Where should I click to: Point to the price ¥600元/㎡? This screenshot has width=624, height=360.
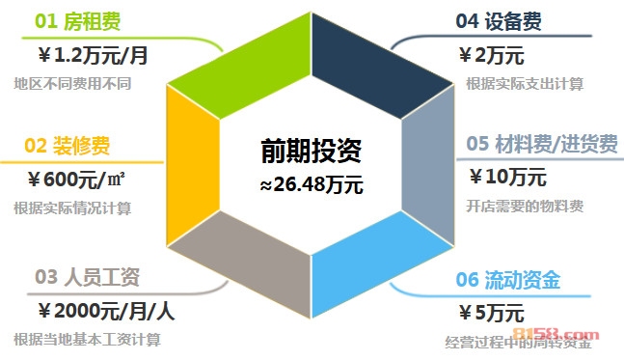(79, 179)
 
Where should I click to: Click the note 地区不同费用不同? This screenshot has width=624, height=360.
(72, 83)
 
